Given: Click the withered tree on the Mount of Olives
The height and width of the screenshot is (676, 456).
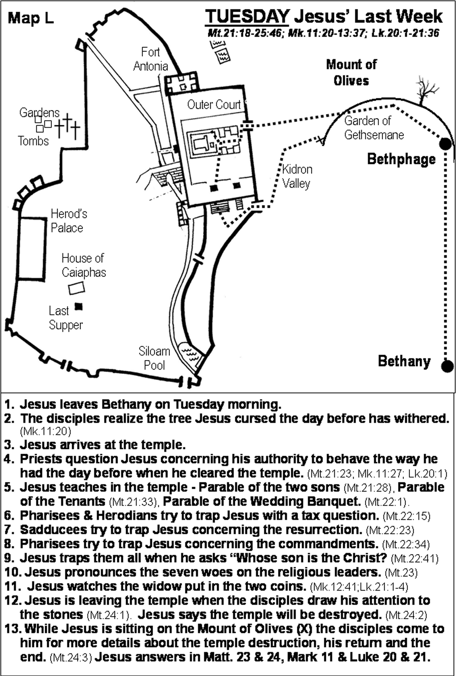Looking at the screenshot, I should point(425,90).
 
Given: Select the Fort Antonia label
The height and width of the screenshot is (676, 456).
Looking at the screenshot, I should point(150,59).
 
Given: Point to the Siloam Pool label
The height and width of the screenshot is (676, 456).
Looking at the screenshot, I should point(154,358).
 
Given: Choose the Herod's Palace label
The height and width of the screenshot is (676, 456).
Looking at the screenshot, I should point(69,221).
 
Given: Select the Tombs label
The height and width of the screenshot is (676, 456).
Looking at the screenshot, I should point(33,141).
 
